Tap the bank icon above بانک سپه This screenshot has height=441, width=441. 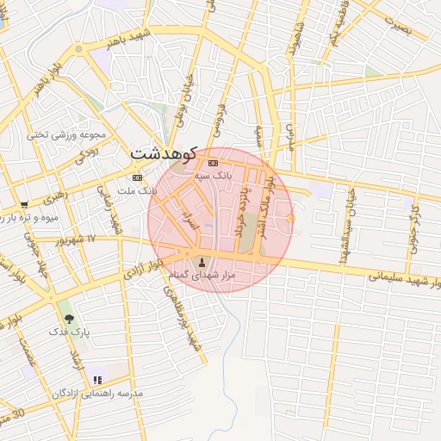pyautogui.click(x=213, y=163)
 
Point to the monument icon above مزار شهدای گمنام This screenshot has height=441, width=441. pyautogui.click(x=203, y=262)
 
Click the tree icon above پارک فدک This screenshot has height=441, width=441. pyautogui.click(x=69, y=319)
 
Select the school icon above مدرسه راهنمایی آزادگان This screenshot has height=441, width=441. pyautogui.click(x=97, y=380)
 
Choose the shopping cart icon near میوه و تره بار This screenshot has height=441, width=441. pyautogui.click(x=24, y=205)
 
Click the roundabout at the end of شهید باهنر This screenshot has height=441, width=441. pyautogui.click(x=79, y=49)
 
